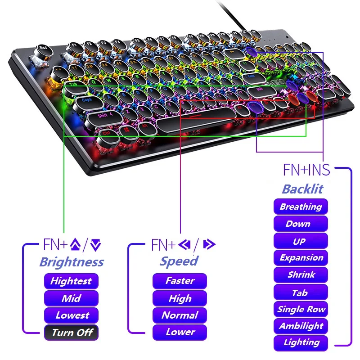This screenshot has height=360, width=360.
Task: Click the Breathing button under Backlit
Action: pos(301,207)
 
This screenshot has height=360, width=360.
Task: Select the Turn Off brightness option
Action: pos(71,333)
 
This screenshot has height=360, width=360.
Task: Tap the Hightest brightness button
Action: pos(71,281)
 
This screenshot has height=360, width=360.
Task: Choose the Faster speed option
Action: pos(180,281)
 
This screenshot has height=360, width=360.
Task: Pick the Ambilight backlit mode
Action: pos(301,326)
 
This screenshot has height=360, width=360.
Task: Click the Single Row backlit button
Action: pos(301,309)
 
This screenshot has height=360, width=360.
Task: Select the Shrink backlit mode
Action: pos(301,275)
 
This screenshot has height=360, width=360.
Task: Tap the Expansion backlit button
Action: pos(301,258)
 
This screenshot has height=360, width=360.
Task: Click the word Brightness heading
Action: pos(72,262)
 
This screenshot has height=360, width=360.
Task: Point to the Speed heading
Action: pos(179,261)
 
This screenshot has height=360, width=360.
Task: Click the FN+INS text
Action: pos(306,170)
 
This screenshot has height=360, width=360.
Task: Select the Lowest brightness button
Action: pos(71,315)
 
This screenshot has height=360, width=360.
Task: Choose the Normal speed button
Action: pos(180,315)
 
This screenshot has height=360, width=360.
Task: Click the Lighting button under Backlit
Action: pos(301,342)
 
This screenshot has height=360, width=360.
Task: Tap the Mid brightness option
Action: pos(71,298)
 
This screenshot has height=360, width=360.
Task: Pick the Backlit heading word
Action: pos(302,189)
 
